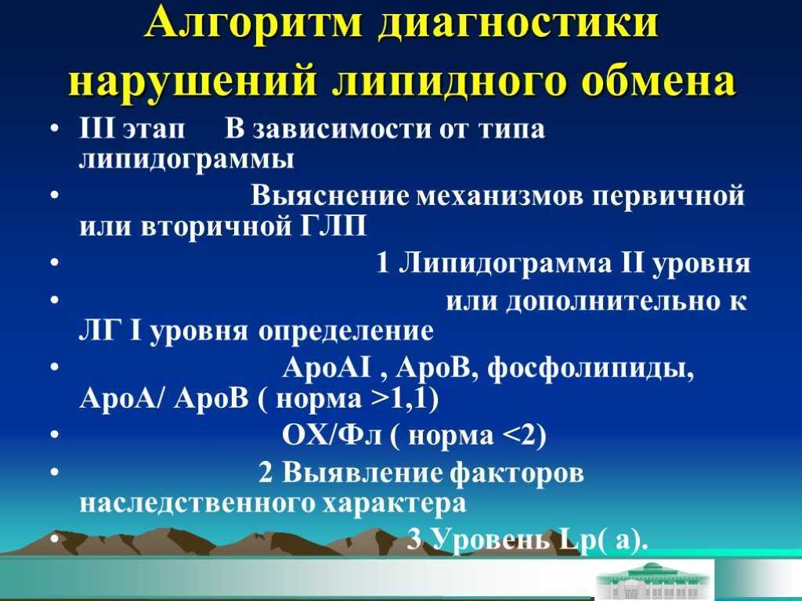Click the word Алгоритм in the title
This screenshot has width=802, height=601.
click(x=253, y=23)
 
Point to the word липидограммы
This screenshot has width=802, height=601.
click(x=186, y=160)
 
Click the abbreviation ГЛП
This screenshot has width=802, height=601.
click(x=333, y=225)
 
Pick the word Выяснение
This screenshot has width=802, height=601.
click(x=330, y=196)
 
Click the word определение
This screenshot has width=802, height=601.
click(x=345, y=332)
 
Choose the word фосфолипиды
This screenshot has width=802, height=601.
click(x=591, y=368)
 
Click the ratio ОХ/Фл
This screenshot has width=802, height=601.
click(x=331, y=435)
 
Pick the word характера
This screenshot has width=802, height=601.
click(x=395, y=503)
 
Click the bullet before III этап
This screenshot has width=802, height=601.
click(x=54, y=128)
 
